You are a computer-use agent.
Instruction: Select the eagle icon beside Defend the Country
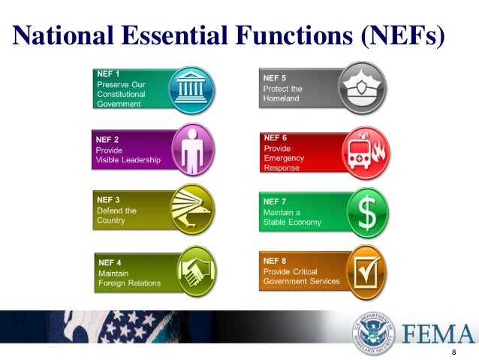pos(193,207)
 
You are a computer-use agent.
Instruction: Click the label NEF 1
pos(109,74)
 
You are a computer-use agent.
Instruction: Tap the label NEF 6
pos(276,138)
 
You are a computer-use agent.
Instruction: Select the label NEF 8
pos(276,261)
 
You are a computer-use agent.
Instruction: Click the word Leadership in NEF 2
pos(141,159)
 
